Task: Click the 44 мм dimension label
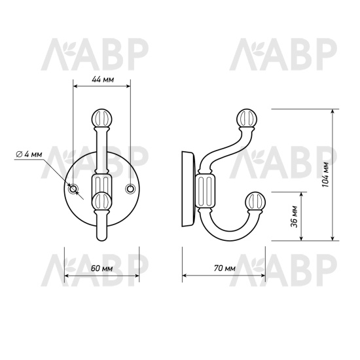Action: point(103,79)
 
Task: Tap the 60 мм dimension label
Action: point(101,268)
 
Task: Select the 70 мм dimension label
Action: point(225,268)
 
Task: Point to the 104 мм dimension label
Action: point(325,175)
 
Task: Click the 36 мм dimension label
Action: point(294,217)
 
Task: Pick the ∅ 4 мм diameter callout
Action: point(29,154)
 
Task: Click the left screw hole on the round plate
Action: point(73,189)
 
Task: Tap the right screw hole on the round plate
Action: point(130,189)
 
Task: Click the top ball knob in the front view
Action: point(101,118)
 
